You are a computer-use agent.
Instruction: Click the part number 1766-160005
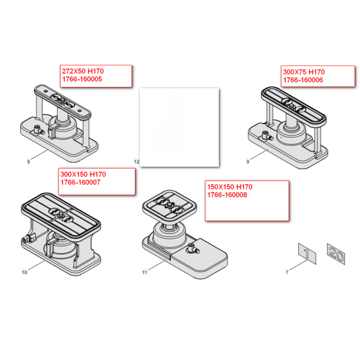[x=82, y=79]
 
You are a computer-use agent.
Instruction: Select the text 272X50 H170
[x=82, y=71]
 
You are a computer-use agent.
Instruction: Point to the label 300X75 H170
[x=303, y=71]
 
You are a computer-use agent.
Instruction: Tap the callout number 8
[x=28, y=161]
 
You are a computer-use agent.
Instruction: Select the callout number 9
[x=248, y=161]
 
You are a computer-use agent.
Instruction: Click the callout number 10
[x=24, y=272]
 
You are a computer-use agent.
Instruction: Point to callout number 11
[x=145, y=272]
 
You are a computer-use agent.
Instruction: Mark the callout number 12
[x=136, y=162]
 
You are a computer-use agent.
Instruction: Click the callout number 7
[x=287, y=272]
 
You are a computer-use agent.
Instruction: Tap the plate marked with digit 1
[x=308, y=254]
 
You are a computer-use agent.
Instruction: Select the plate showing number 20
[x=335, y=253]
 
